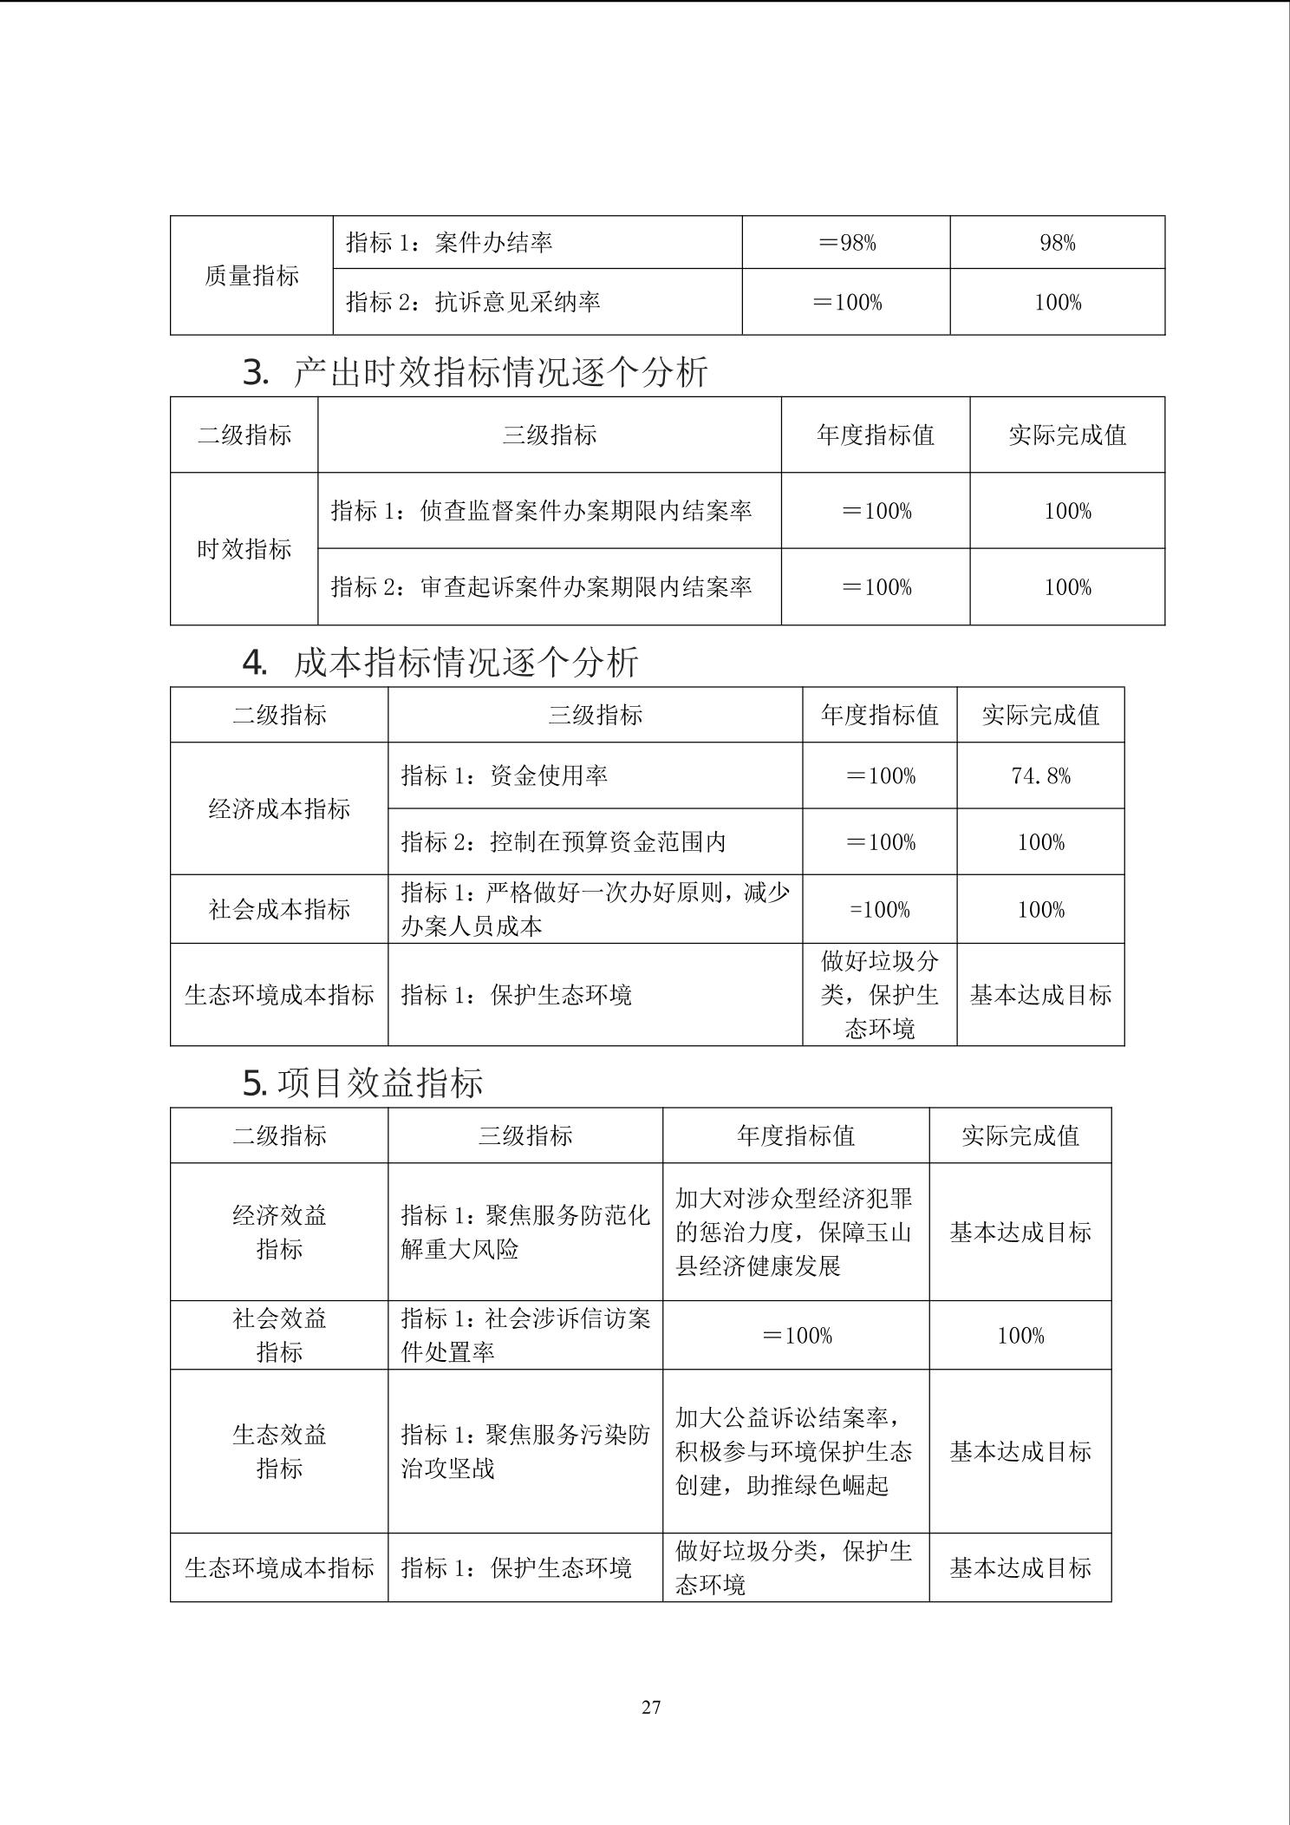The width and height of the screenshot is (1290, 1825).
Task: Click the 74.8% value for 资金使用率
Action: pyautogui.click(x=1040, y=775)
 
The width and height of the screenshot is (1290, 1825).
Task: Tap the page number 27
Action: pyautogui.click(x=651, y=1707)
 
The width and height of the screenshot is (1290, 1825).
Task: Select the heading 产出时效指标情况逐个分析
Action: pyautogui.click(x=500, y=373)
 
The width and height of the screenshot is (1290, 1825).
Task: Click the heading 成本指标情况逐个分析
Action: pyautogui.click(x=466, y=663)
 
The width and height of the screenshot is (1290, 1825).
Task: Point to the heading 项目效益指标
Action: pyautogui.click(x=380, y=1083)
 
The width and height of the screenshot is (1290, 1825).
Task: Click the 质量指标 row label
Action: pyautogui.click(x=251, y=276)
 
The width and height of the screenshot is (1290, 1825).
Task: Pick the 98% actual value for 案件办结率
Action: pyautogui.click(x=1057, y=243)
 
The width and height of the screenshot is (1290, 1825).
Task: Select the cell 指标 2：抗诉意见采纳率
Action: pyautogui.click(x=473, y=302)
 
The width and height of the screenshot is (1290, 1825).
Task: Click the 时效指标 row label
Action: pyautogui.click(x=244, y=549)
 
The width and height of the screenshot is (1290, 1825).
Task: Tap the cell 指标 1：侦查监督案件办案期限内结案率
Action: pyautogui.click(x=541, y=511)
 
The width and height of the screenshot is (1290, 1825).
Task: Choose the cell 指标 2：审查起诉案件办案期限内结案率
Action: pyautogui.click(x=541, y=587)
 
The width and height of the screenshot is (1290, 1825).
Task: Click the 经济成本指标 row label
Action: pyautogui.click(x=279, y=808)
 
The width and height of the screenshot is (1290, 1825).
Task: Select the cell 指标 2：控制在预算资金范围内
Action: pyautogui.click(x=564, y=841)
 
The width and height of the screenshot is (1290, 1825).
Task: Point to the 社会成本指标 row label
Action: pyautogui.click(x=279, y=909)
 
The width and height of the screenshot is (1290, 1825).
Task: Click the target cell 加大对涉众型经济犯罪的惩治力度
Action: pyautogui.click(x=794, y=1232)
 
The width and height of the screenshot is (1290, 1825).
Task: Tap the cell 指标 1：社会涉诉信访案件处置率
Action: pyautogui.click(x=525, y=1335)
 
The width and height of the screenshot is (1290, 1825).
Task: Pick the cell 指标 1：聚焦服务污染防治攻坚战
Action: pyautogui.click(x=525, y=1451)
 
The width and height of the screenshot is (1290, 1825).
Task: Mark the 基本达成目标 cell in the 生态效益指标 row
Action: pyautogui.click(x=1020, y=1451)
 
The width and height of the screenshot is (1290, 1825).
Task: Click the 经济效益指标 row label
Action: pyautogui.click(x=279, y=1232)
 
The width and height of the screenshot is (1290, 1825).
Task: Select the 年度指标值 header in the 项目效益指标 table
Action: pyautogui.click(x=795, y=1135)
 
